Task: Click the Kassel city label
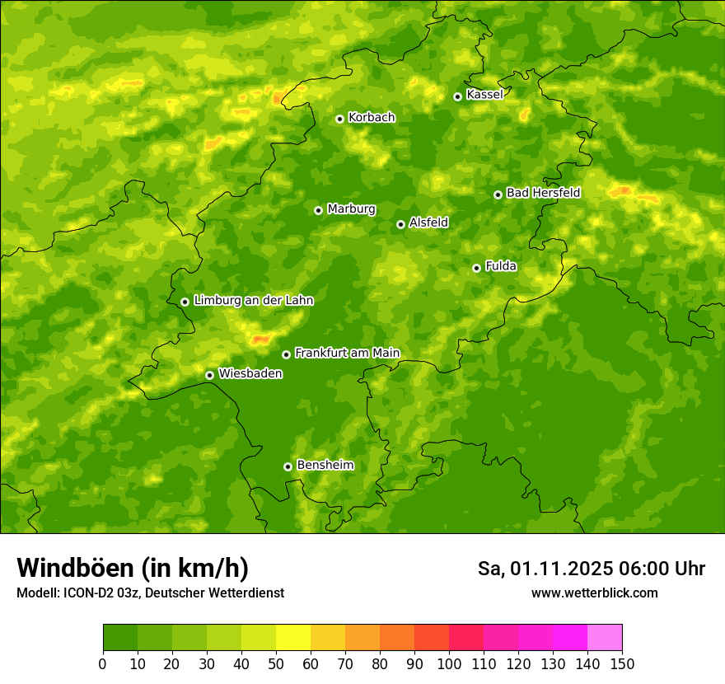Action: click(484, 95)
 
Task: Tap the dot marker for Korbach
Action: click(339, 119)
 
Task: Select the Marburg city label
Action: click(351, 209)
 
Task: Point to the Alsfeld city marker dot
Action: click(400, 224)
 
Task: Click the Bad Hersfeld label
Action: click(543, 193)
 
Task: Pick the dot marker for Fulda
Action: click(476, 268)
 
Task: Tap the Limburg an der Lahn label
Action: click(253, 301)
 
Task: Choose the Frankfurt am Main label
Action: click(347, 353)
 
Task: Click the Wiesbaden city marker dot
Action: click(209, 375)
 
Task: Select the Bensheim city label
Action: click(325, 465)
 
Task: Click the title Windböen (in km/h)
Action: click(133, 568)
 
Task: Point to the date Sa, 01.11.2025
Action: click(545, 569)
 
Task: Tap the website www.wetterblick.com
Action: click(594, 593)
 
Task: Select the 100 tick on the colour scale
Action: click(449, 663)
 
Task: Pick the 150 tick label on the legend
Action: click(622, 663)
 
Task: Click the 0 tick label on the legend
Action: click(103, 663)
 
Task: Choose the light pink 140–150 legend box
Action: click(605, 638)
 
